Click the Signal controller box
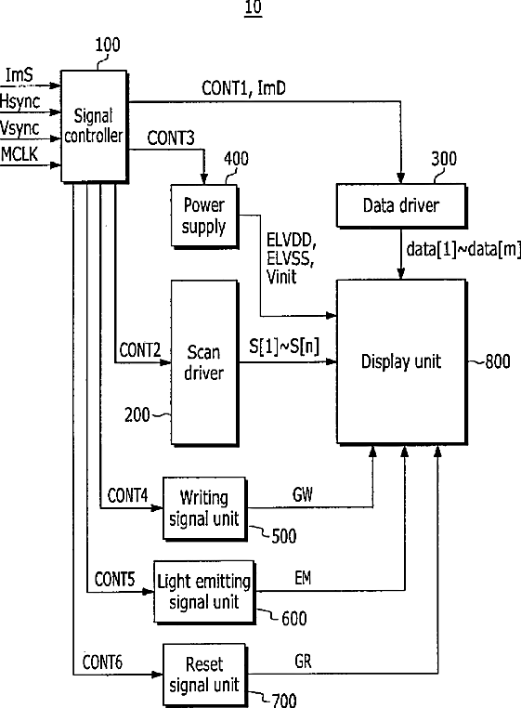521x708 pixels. click(94, 126)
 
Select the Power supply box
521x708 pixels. click(204, 216)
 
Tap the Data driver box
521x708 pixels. click(401, 205)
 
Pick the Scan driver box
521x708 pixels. click(204, 362)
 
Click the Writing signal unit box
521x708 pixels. click(204, 508)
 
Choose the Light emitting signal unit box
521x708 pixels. click(204, 592)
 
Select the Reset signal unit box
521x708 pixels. click(204, 675)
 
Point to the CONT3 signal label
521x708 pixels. click(171, 138)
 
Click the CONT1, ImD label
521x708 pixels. click(243, 88)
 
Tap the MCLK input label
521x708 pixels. click(19, 154)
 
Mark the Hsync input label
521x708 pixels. click(20, 101)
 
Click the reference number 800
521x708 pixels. click(498, 361)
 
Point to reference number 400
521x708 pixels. click(236, 159)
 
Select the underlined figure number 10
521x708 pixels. click(254, 8)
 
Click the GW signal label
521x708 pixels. click(303, 495)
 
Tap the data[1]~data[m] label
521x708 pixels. click(463, 249)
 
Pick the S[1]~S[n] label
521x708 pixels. click(284, 347)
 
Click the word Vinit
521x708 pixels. click(281, 276)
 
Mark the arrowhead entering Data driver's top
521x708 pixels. click(400, 177)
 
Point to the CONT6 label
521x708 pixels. click(102, 662)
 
